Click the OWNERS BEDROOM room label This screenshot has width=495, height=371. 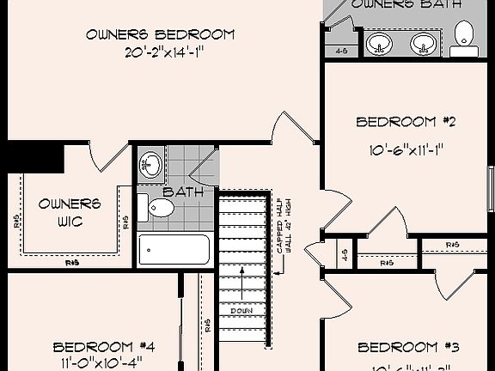coord(160,34)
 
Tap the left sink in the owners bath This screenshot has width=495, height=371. coord(379,43)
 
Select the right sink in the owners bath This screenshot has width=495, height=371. coord(421,43)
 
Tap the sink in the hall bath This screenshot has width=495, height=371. coord(151,163)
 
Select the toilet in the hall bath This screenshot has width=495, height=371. coord(157,207)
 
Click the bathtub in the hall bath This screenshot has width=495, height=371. coord(174,250)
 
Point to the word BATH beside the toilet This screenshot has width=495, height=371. coord(183,192)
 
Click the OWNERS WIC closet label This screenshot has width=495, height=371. coord(70,212)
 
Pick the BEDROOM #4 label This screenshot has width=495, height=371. coord(104,347)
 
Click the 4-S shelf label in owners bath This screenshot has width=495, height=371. coord(340,51)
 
